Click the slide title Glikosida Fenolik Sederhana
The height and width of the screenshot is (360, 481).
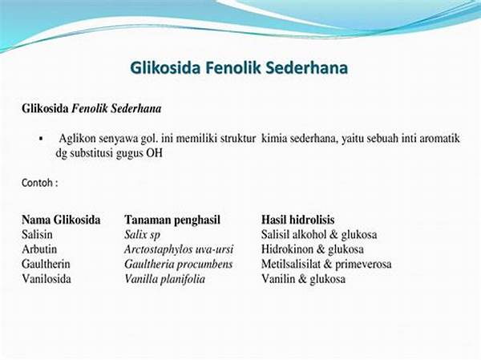click(239, 68)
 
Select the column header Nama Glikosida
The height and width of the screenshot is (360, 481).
click(61, 220)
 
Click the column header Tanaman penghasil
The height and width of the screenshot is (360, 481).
click(172, 220)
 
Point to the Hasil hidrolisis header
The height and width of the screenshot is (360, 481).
click(298, 220)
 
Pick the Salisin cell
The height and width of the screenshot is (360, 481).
click(37, 234)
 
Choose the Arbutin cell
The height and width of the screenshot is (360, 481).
click(39, 249)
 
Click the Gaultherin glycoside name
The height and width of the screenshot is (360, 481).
click(46, 264)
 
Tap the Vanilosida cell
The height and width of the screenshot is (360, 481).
click(46, 279)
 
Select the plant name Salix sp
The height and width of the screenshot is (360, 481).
click(142, 235)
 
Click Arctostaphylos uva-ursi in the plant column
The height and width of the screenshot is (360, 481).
click(179, 249)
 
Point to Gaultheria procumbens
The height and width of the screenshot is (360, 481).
click(178, 265)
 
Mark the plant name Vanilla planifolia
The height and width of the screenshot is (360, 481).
click(164, 279)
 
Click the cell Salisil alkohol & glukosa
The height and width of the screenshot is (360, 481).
click(319, 235)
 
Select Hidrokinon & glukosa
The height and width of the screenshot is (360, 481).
click(313, 249)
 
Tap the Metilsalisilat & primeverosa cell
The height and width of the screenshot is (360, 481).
click(326, 265)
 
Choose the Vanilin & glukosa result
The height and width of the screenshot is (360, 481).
click(303, 279)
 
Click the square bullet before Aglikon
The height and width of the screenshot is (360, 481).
click(41, 139)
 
